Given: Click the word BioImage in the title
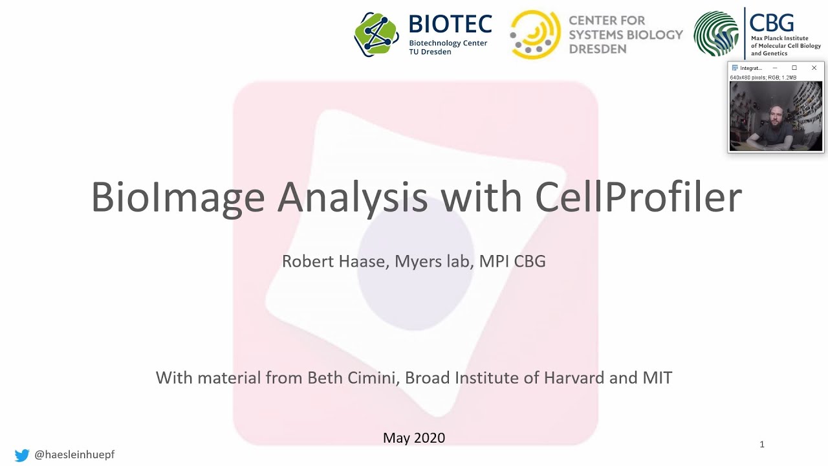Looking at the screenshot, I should (x=178, y=197).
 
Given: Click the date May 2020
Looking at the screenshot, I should (x=414, y=438).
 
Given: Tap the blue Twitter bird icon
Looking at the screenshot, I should (x=22, y=455).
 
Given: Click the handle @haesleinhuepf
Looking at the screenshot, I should (x=74, y=455).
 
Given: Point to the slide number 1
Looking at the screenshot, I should (x=762, y=444).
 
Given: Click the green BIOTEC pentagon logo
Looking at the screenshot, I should (x=376, y=34).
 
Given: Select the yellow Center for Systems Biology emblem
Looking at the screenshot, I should (x=535, y=34).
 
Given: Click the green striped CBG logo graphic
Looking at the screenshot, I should (x=716, y=34).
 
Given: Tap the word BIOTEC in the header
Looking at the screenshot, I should (x=450, y=25).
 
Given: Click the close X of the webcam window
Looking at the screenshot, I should (x=814, y=68).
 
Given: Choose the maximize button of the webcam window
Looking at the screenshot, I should (x=794, y=68).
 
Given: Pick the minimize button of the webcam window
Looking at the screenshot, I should (x=774, y=68).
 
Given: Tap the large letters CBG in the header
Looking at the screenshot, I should (x=772, y=23).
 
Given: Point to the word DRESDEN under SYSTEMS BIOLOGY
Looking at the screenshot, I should (x=598, y=49).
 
